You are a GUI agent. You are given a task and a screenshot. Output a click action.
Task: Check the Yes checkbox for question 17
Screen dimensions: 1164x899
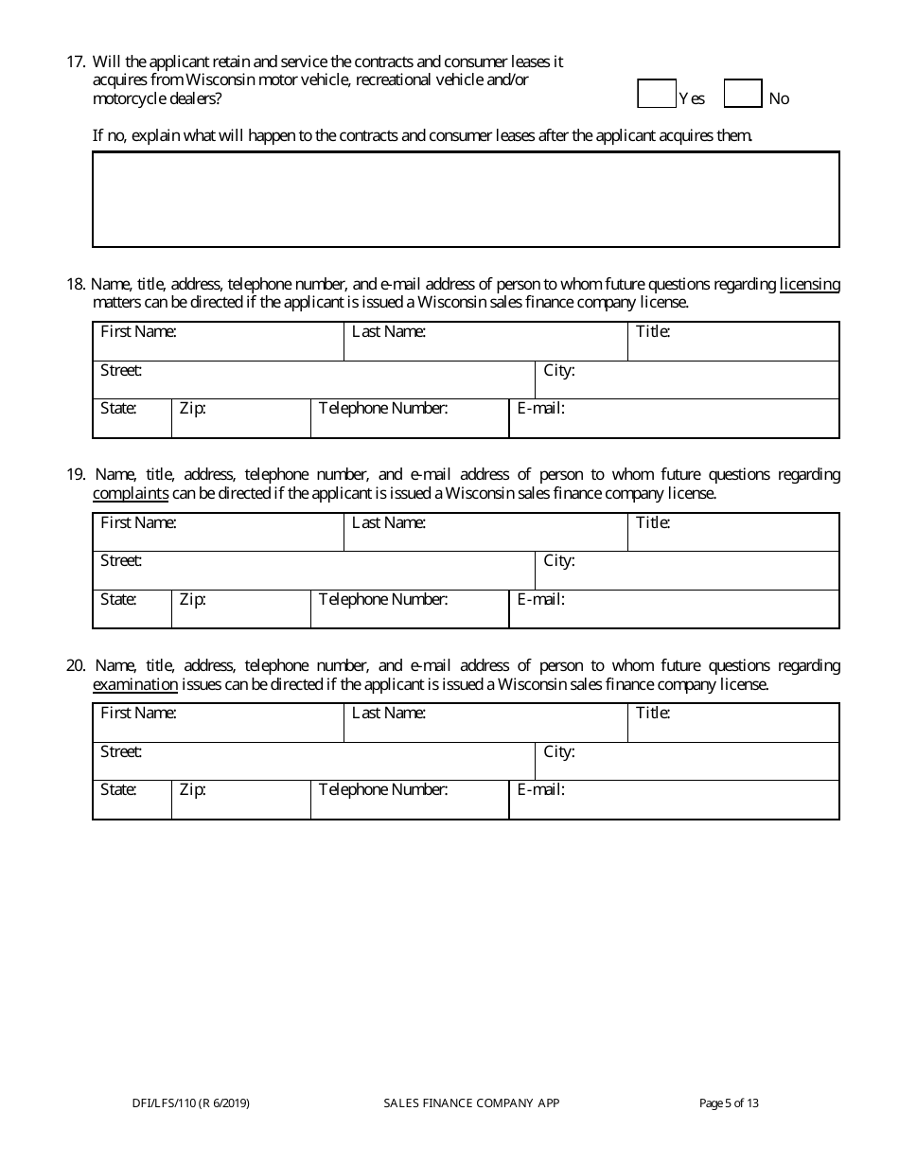(657, 95)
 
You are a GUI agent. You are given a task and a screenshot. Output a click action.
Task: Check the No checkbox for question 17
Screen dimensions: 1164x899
(743, 95)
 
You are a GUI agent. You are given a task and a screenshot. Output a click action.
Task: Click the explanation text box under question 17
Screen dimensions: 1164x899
(466, 200)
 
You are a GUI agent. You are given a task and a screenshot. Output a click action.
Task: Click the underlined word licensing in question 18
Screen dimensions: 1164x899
(809, 284)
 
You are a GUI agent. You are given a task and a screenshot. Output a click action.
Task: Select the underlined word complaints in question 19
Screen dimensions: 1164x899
(131, 493)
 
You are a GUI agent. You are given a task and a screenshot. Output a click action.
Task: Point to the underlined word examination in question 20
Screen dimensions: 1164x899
(135, 684)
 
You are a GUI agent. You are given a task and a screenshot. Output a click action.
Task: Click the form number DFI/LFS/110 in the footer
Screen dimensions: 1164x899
(191, 1102)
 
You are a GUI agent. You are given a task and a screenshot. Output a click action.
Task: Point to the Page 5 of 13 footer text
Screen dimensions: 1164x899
(729, 1102)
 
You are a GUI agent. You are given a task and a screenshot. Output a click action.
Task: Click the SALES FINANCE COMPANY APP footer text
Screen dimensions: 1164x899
(471, 1102)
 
